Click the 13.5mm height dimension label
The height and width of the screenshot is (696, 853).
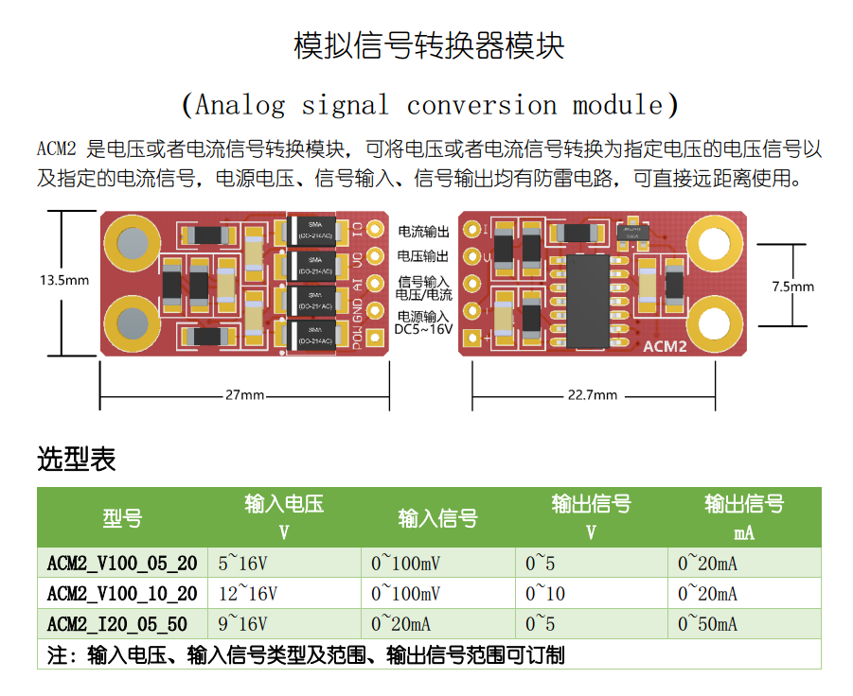click(64, 280)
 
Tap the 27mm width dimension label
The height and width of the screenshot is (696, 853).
click(244, 394)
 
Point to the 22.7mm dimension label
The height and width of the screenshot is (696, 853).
click(592, 394)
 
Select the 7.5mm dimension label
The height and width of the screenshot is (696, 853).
click(792, 286)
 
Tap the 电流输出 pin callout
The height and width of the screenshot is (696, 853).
click(423, 232)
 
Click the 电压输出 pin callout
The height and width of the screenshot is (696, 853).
click(423, 256)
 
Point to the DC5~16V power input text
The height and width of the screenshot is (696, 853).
click(423, 329)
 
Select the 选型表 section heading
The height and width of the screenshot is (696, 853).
click(77, 460)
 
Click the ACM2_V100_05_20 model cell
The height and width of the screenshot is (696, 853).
click(122, 565)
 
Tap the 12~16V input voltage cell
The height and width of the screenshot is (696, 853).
click(248, 594)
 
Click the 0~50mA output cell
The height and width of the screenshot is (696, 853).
click(707, 624)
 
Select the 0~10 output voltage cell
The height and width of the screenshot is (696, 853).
click(545, 594)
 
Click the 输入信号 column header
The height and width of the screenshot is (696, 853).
click(437, 518)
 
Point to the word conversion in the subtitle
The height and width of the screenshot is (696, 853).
click(482, 105)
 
